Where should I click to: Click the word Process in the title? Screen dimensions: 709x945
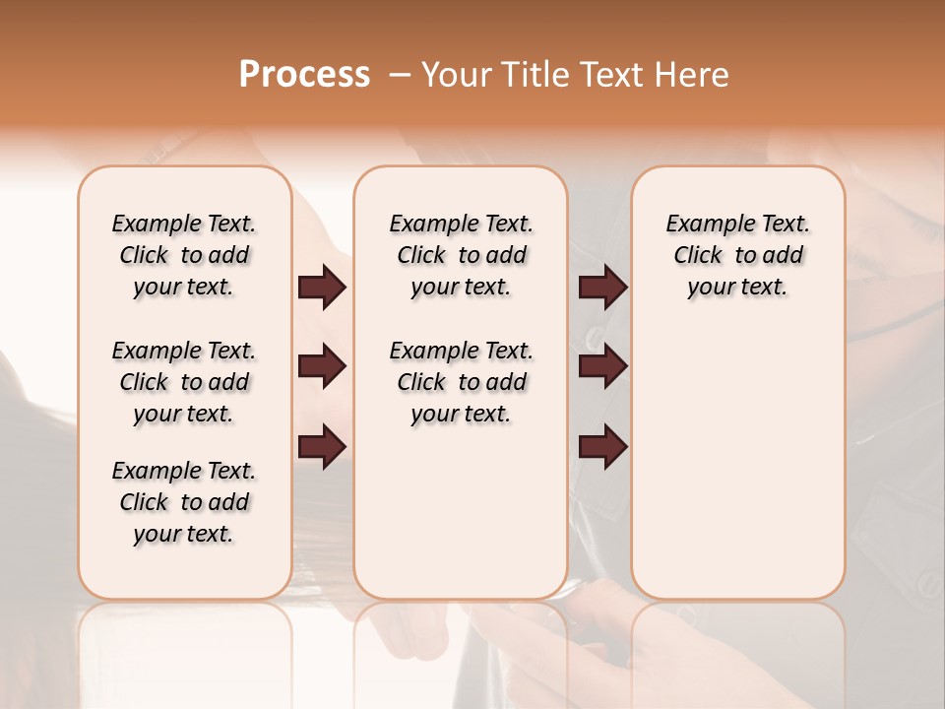coord(304,75)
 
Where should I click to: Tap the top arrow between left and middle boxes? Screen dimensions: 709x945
coord(322,288)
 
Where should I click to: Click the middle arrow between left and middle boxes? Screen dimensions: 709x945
coord(322,366)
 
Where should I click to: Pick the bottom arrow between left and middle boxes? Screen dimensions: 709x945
coord(322,447)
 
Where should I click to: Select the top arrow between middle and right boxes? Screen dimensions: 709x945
coord(602,288)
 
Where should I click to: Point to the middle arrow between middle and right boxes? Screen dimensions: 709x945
coord(602,366)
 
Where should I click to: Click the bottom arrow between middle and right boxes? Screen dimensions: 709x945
coord(602,447)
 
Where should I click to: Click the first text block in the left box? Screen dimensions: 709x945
coord(184,255)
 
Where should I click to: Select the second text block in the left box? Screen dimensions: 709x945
coord(184,382)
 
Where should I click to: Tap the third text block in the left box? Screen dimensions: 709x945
coord(184,502)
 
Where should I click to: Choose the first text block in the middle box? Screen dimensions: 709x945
coord(461,255)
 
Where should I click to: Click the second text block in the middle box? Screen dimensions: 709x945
coord(461,382)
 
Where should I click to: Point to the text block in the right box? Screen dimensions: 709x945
coord(737,255)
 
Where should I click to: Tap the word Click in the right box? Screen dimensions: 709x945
coord(698,256)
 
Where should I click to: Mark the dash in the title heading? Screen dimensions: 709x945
coord(400,75)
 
